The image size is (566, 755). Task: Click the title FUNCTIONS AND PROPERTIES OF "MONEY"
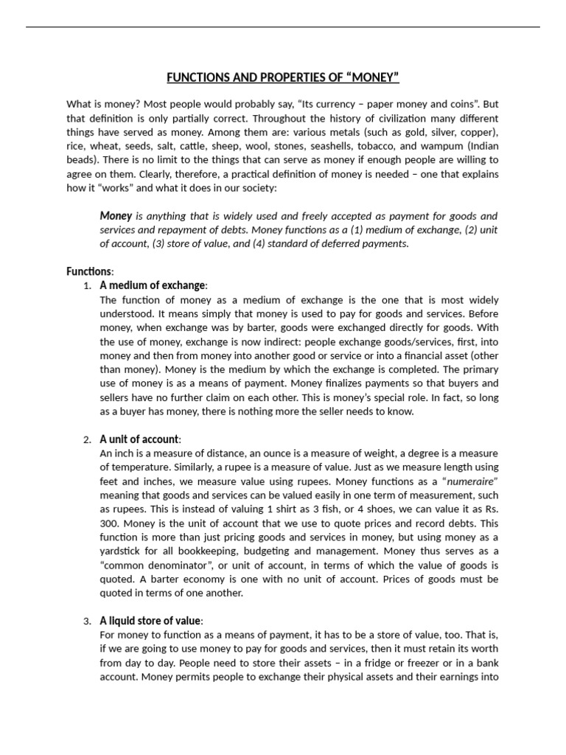point(283,77)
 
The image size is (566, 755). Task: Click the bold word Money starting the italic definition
point(116,216)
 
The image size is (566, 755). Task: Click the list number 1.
point(87,286)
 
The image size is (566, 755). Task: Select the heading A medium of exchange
point(153,285)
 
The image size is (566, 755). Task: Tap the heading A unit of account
point(140,439)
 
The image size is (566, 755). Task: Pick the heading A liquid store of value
point(151,621)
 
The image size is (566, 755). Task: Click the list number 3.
point(87,622)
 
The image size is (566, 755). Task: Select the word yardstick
point(122,552)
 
